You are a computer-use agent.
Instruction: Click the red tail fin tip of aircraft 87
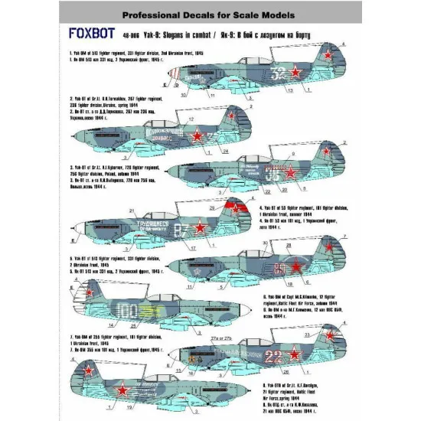click(x=238, y=204)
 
